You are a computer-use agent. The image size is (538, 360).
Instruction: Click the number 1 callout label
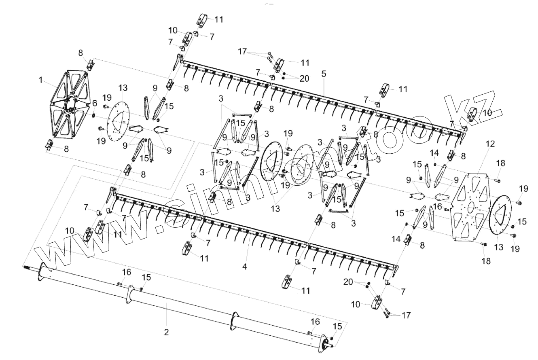click(x=40, y=80)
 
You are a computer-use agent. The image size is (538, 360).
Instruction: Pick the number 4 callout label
click(x=244, y=267)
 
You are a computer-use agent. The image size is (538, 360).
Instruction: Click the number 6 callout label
click(x=95, y=103)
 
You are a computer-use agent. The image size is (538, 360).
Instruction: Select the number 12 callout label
click(x=490, y=144)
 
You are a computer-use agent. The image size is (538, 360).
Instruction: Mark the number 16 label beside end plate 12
click(x=438, y=206)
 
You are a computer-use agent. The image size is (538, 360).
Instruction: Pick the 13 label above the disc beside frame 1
click(x=123, y=89)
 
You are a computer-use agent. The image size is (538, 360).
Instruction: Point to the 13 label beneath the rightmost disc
click(x=499, y=247)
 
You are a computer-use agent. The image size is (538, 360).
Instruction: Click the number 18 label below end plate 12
click(x=486, y=261)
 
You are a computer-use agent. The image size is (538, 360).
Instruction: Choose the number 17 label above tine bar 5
click(x=242, y=51)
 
